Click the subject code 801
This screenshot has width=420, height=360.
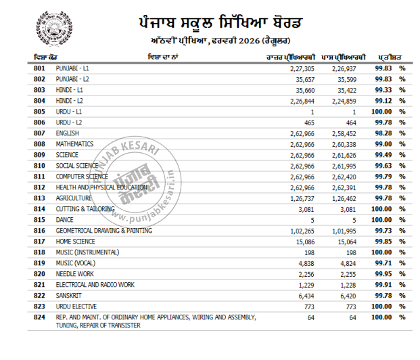(x=39, y=69)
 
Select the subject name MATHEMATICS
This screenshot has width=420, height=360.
(x=74, y=145)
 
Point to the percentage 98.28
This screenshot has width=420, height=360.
(x=385, y=134)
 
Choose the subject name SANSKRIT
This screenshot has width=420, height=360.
(x=69, y=296)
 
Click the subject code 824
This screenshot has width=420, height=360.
(x=39, y=317)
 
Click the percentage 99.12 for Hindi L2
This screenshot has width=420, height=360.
(x=385, y=102)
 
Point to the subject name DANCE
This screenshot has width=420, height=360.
(x=65, y=220)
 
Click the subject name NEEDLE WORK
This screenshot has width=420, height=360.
(x=74, y=274)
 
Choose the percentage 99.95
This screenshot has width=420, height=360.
(x=385, y=274)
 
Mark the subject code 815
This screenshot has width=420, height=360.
(x=39, y=220)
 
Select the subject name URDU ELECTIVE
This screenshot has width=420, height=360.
(x=76, y=307)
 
